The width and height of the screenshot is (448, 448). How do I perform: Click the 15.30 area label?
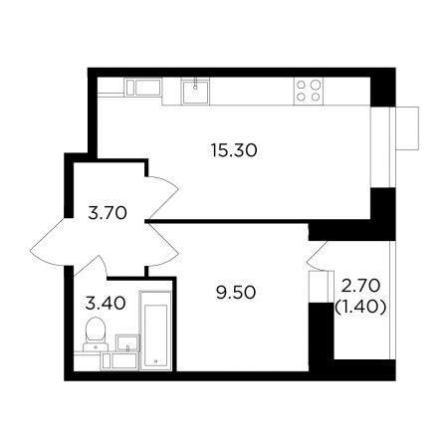click(234, 150)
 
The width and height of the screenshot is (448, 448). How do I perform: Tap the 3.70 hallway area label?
click(108, 213)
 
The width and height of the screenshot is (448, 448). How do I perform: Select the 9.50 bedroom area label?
click(236, 293)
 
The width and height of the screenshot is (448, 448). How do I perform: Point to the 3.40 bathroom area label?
click(106, 304)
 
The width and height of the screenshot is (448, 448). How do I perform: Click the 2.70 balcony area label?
click(360, 286)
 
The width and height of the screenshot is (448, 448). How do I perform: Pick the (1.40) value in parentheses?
click(360, 308)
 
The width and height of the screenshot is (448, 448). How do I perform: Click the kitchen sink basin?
click(195, 92)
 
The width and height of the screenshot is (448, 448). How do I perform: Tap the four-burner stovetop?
click(309, 91)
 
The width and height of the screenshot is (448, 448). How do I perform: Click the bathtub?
click(155, 331)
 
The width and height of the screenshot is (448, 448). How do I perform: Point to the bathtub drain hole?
click(155, 361)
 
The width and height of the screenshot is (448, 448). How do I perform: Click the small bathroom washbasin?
click(127, 342)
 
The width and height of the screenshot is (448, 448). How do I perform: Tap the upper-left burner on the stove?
click(302, 85)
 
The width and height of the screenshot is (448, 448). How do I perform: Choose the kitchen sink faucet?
click(195, 84)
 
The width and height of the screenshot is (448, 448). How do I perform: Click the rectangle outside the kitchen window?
click(407, 128)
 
